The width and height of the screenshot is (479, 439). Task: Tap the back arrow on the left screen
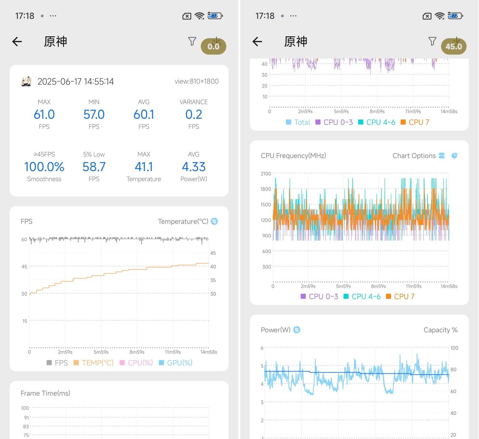[x=17, y=42]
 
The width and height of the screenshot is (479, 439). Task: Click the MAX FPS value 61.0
[x=44, y=114]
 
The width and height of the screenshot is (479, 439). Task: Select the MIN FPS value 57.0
[x=94, y=114]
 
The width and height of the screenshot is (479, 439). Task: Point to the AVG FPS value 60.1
[x=144, y=114]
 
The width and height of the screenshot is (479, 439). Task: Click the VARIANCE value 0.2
[x=193, y=114]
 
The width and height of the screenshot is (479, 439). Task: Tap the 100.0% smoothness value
[x=44, y=167]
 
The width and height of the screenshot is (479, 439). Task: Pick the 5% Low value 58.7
[x=94, y=167]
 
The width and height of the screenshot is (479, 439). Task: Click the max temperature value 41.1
[x=144, y=167]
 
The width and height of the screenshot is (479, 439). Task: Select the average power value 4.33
[x=193, y=167]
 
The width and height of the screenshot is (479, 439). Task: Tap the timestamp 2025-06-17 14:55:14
[x=76, y=82]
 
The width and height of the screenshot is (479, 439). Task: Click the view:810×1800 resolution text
[x=196, y=81]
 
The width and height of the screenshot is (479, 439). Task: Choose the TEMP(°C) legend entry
[x=94, y=363]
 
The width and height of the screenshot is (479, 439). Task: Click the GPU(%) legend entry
[x=176, y=363]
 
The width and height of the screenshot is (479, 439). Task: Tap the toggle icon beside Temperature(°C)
[x=214, y=221]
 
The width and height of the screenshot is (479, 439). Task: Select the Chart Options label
[x=414, y=156]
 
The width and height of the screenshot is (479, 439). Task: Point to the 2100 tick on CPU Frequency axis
[x=266, y=174]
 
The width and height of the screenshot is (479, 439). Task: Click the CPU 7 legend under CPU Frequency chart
[x=400, y=297]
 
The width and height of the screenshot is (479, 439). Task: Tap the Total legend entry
[x=298, y=122]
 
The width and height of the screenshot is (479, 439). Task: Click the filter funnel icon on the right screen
[x=432, y=41]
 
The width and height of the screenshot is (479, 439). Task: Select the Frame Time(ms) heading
[x=45, y=393]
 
